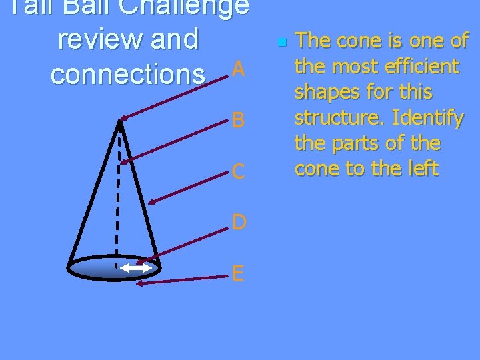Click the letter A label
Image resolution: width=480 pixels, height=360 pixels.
pos(239,69)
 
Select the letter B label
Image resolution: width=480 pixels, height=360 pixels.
pos(239,120)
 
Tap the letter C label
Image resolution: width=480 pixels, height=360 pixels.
pos(239,172)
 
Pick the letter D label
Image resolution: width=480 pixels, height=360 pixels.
pos(239,221)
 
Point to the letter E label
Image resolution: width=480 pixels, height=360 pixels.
pos(239,272)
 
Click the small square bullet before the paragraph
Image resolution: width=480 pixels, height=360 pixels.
pos(281,43)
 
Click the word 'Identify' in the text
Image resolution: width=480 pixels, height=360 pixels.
pos(428,118)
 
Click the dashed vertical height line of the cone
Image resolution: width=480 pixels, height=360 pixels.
pos(119,200)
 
